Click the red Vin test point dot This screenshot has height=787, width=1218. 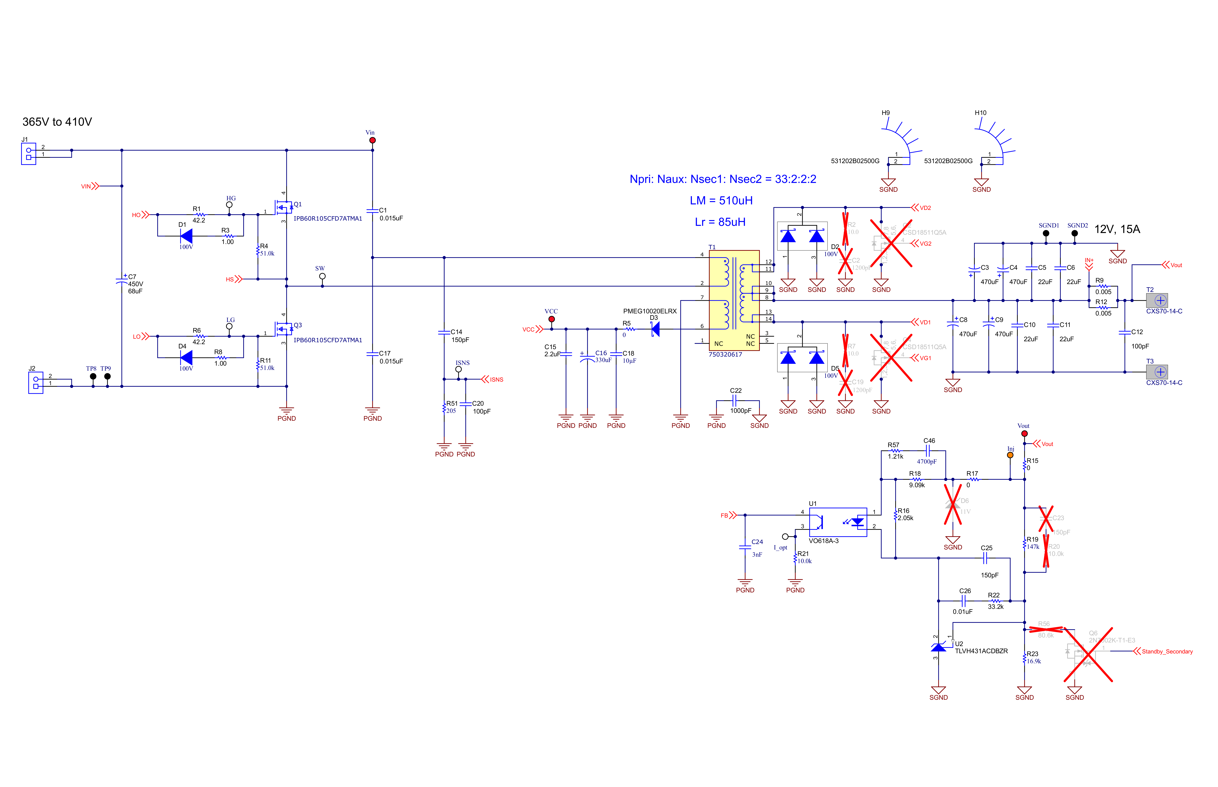(x=372, y=140)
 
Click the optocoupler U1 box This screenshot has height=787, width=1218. (x=838, y=522)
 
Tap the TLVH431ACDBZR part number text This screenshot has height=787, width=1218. (x=981, y=651)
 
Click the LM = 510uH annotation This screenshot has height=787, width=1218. (x=721, y=200)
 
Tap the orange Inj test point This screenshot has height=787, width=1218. (x=1010, y=455)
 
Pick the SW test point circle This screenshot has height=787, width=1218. (x=322, y=276)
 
